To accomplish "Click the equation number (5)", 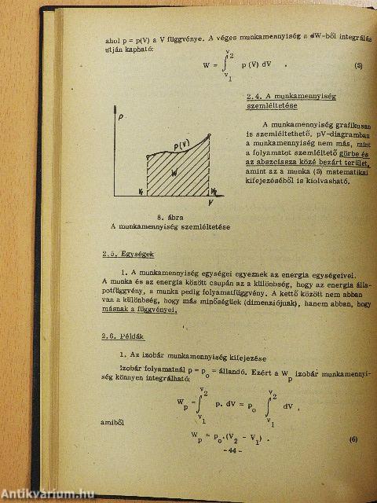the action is pyautogui.click(x=358, y=65).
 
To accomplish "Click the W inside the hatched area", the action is pyautogui.click(x=174, y=171).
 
